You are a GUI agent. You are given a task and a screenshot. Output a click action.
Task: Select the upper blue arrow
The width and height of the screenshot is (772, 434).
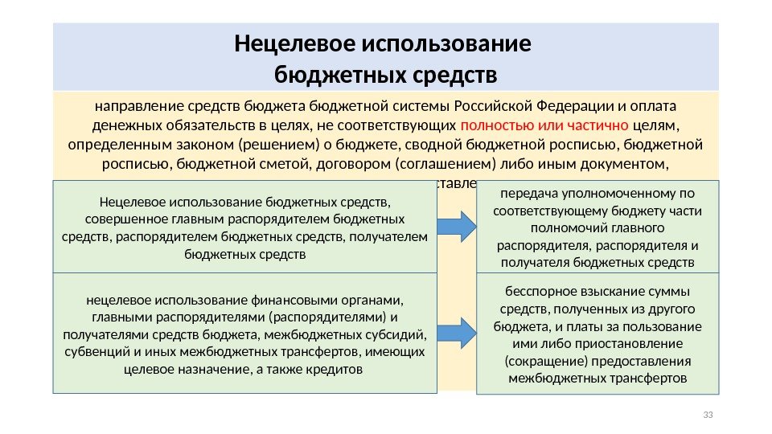(459, 226)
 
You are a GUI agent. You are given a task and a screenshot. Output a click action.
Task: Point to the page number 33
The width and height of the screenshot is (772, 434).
(708, 415)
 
